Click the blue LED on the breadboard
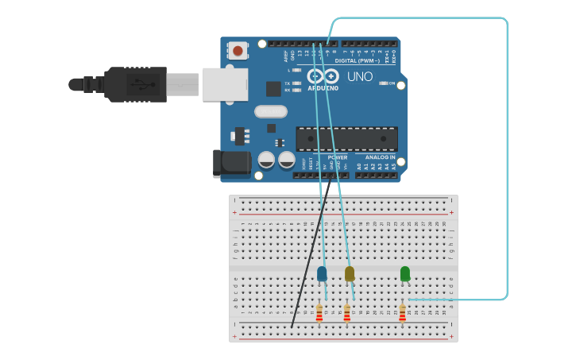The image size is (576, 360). coord(322,274)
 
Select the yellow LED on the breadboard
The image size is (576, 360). coord(350,274)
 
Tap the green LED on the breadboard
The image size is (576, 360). coord(405,274)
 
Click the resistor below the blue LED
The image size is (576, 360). coord(319,314)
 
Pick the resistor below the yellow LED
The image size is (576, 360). coord(347,314)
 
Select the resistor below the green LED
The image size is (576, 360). coord(403,314)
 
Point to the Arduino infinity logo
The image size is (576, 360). coord(323,76)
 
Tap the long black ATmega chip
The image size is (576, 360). coord(346,138)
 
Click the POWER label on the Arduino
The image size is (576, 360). coord(338,157)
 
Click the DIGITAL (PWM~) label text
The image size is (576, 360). coord(357,60)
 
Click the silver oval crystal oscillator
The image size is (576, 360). coord(271,111)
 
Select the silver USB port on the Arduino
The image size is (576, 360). coord(225,84)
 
